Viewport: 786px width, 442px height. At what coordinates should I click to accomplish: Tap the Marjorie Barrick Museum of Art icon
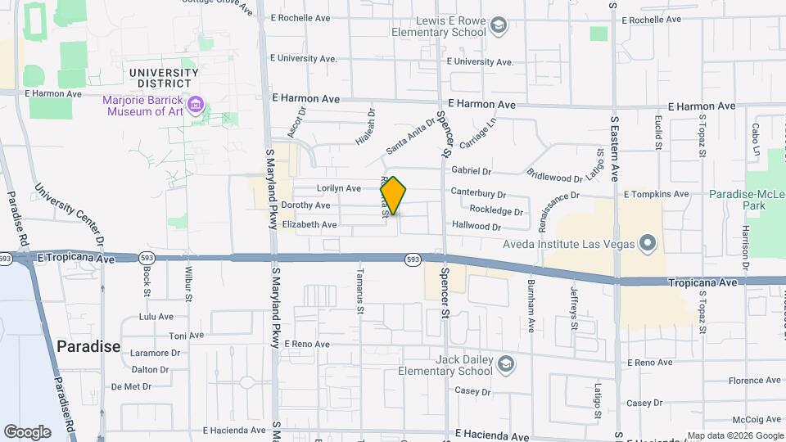click(196, 106)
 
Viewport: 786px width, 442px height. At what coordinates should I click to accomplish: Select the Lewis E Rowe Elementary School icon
click(498, 27)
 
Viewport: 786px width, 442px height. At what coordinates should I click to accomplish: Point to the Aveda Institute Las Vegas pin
click(648, 242)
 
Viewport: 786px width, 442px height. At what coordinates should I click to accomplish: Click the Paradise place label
click(88, 346)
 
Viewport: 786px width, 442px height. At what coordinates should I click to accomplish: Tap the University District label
click(164, 79)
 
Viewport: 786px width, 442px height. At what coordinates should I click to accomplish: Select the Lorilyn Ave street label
click(339, 188)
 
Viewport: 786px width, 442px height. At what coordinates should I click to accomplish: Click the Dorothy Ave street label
click(305, 205)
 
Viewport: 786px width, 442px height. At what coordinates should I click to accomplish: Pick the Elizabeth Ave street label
click(309, 224)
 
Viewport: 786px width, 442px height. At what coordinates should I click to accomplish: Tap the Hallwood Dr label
click(476, 226)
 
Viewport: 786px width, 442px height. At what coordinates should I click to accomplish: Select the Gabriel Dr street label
click(471, 172)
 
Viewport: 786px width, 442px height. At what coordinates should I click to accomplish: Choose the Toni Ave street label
click(186, 336)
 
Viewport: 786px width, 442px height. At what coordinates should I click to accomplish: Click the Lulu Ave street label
click(156, 317)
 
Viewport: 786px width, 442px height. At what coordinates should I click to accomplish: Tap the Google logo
click(27, 432)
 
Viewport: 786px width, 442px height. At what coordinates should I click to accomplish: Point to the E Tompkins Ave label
click(657, 195)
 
